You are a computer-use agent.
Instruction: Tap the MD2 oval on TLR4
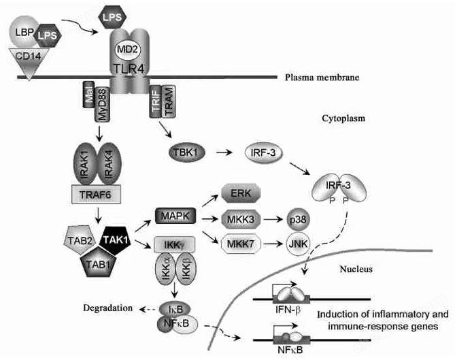129,50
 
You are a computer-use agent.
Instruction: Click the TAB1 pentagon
100,261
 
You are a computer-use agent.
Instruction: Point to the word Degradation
107,308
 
